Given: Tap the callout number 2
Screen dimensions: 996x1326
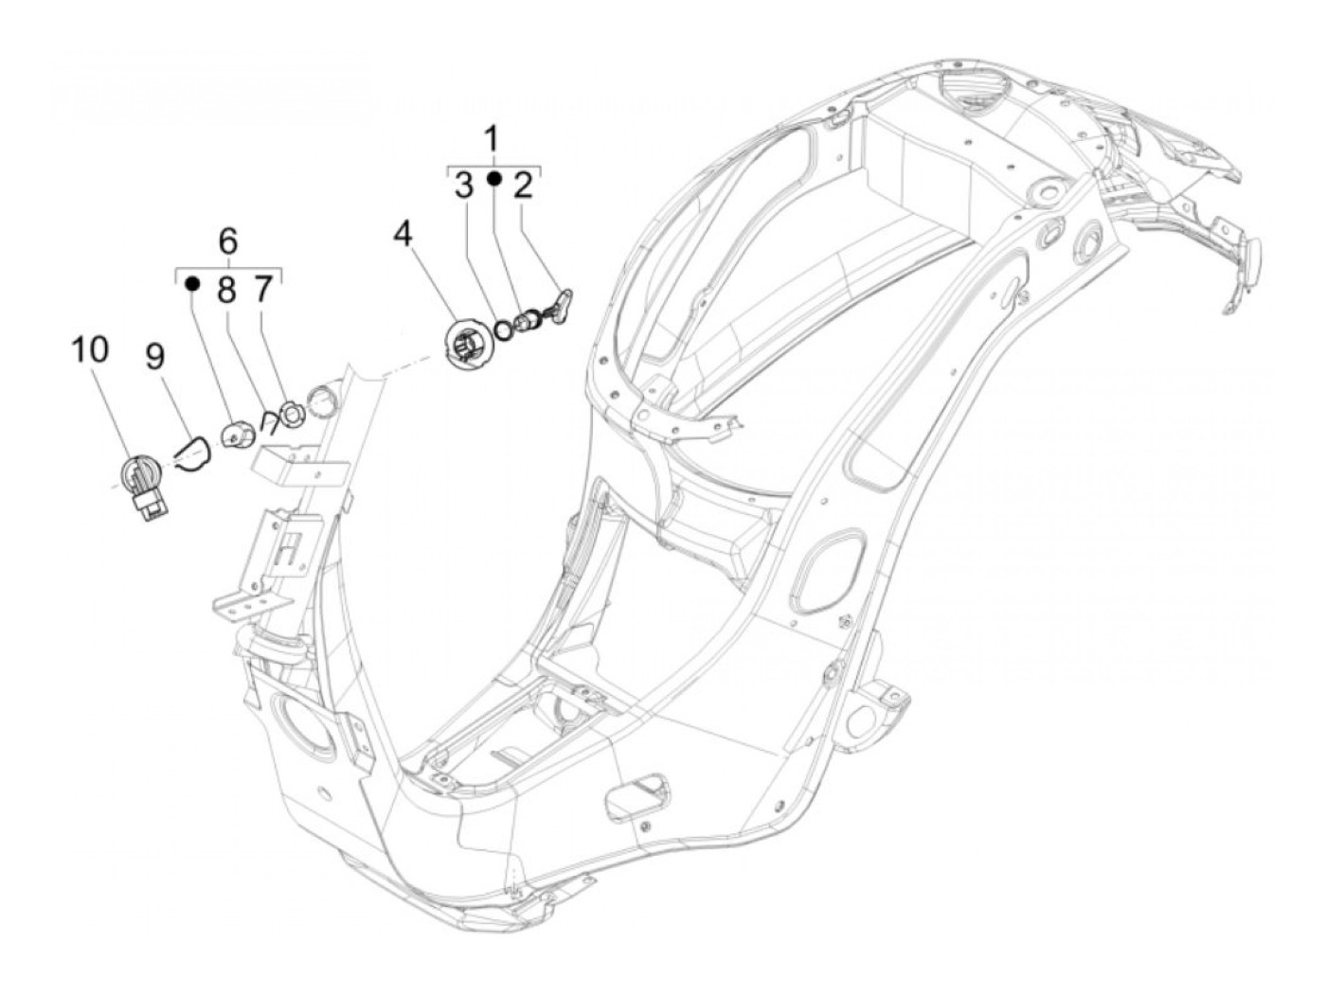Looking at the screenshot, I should point(523,186).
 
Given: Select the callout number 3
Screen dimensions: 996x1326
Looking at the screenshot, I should point(463,186).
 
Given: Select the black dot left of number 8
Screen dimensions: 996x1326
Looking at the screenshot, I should point(192,282).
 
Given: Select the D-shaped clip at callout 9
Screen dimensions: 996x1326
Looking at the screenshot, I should point(198,450).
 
